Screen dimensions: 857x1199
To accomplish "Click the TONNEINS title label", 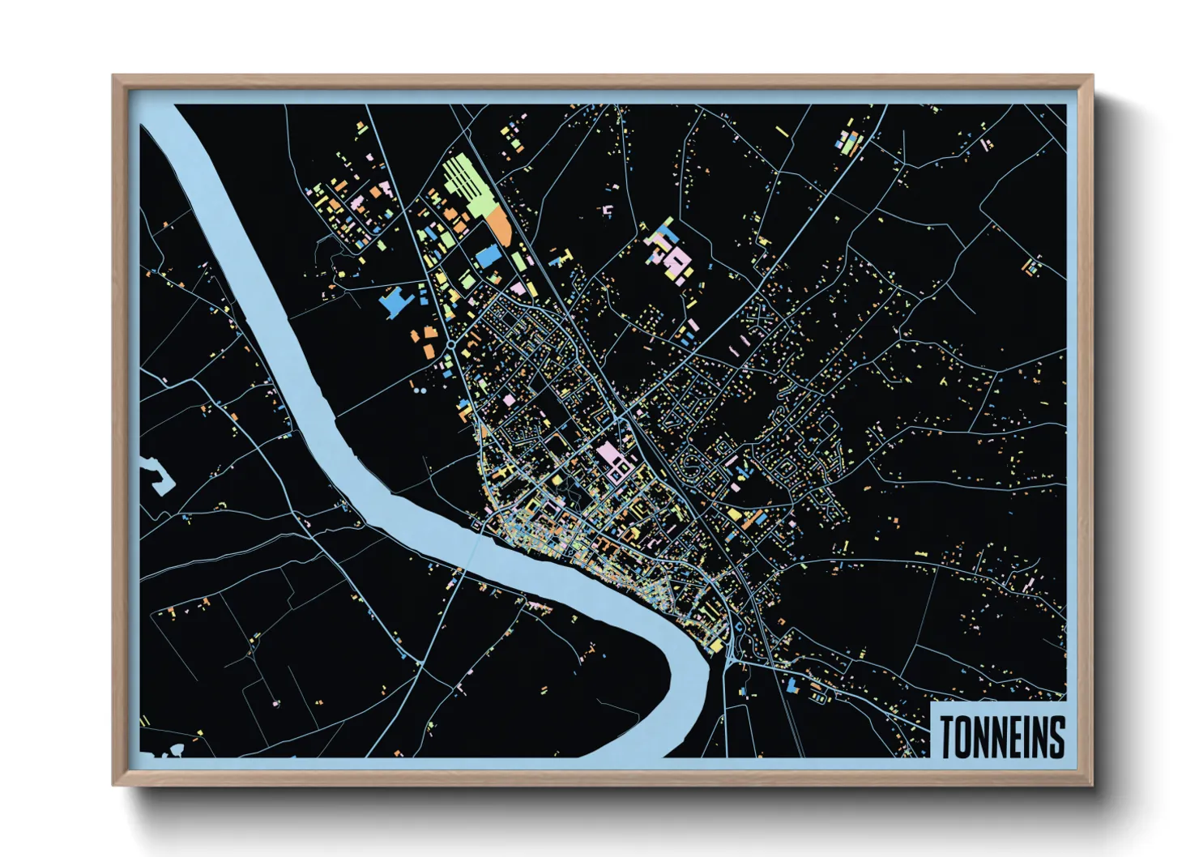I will tap(1001, 736).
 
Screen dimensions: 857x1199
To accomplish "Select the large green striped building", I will tap(467, 185).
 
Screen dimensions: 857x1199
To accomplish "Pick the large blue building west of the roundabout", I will tap(395, 301).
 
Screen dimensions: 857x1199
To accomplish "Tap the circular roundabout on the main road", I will tap(450, 345).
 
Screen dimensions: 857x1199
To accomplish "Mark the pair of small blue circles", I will tap(419, 390).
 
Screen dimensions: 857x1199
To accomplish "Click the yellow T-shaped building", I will tap(561, 258).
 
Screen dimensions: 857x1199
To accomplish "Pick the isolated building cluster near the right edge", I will tap(1031, 266).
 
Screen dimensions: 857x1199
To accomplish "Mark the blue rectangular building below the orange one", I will tap(489, 255).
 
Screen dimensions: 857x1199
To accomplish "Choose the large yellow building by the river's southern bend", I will tap(716, 645).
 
